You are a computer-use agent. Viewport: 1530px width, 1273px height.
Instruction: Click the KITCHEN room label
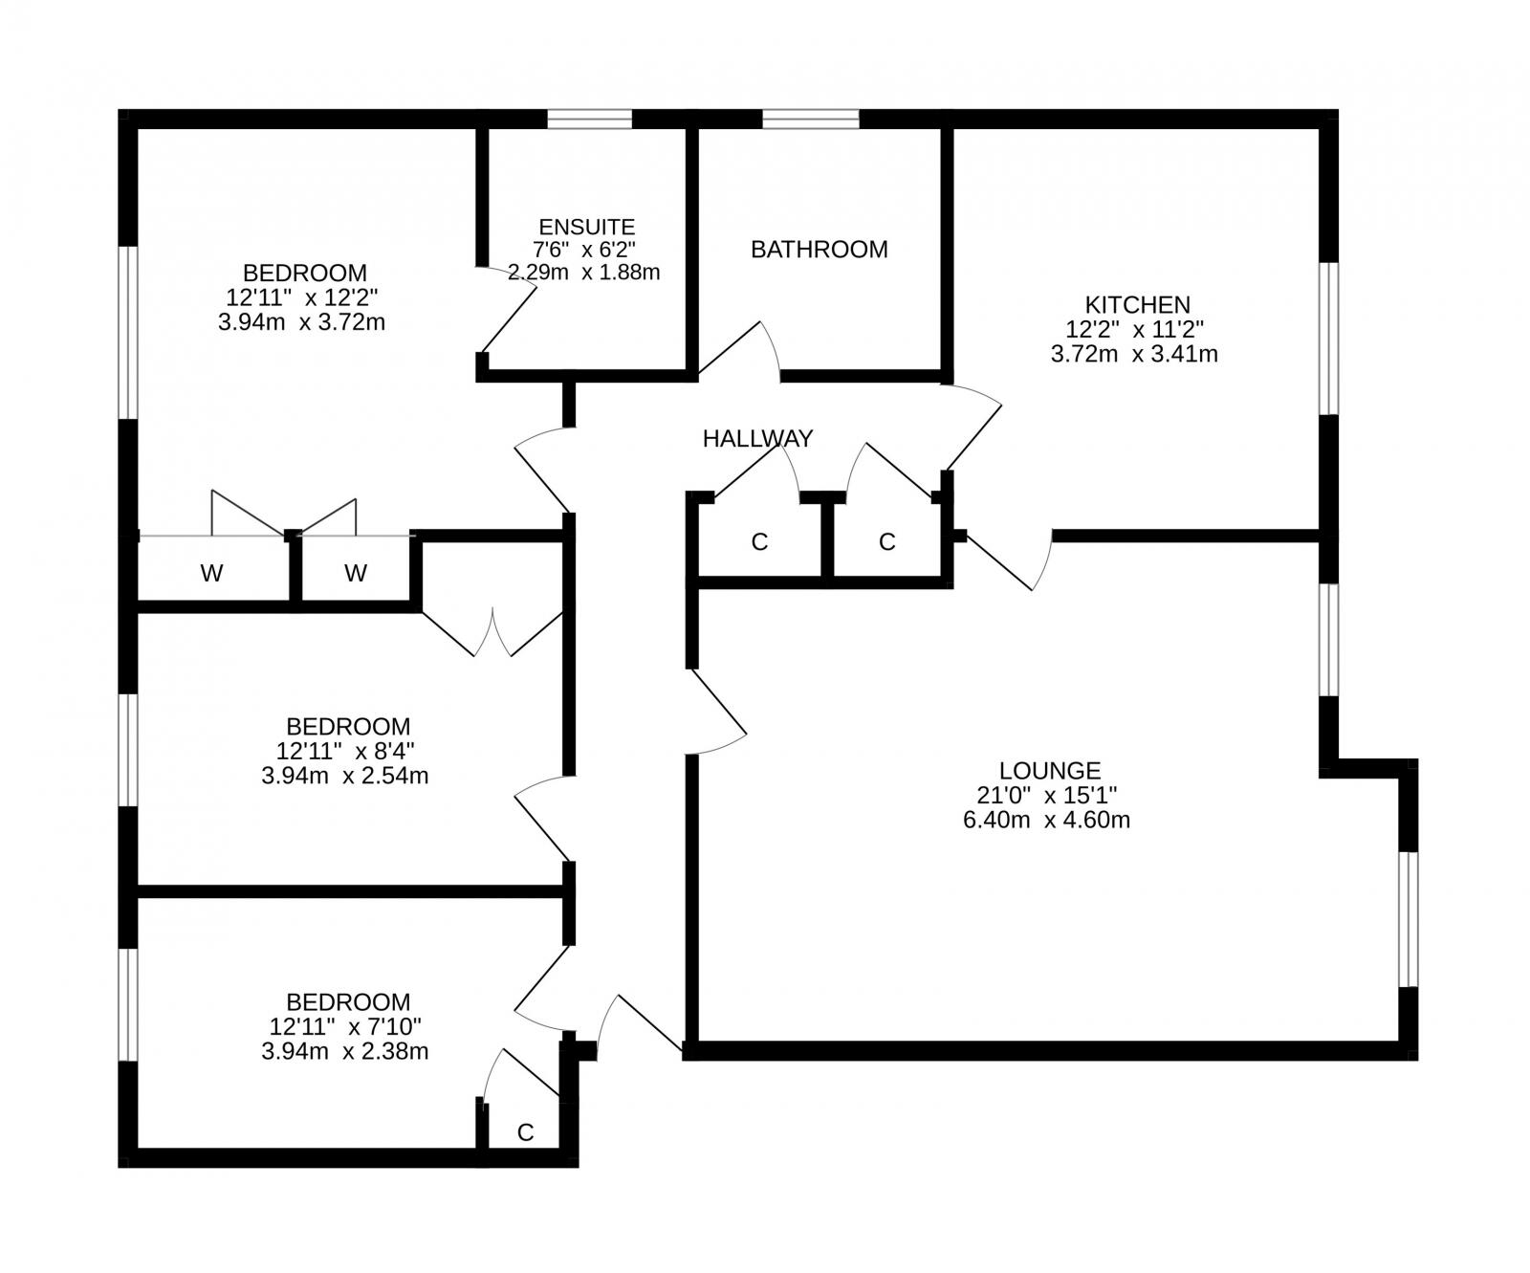[1137, 305]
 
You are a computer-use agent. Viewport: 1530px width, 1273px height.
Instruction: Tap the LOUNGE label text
[1049, 771]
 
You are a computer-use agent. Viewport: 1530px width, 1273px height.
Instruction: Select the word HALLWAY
[757, 439]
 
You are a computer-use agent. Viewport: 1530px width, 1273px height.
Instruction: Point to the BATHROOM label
[820, 250]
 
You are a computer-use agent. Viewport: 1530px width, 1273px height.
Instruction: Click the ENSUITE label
[587, 228]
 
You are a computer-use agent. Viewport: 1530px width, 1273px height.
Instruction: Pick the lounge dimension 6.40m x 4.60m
[1047, 820]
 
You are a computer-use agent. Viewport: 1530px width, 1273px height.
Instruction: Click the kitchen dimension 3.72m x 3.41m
[1134, 355]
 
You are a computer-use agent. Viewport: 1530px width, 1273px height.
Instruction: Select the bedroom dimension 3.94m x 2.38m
[344, 1052]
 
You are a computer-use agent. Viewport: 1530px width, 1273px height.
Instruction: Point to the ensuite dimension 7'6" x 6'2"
[585, 250]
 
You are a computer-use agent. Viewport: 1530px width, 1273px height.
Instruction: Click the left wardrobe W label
[211, 574]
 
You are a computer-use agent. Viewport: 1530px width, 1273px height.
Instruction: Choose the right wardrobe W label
[356, 574]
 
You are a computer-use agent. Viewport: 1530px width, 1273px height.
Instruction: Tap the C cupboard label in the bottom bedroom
[525, 1133]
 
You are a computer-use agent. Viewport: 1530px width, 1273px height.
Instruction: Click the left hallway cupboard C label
[759, 543]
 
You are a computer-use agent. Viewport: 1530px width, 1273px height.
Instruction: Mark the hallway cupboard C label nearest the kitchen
[886, 543]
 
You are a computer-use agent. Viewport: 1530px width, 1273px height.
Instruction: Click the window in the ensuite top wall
[590, 119]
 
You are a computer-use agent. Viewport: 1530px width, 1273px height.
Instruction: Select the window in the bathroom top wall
[811, 119]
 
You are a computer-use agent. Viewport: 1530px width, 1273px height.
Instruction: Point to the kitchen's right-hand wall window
[1328, 338]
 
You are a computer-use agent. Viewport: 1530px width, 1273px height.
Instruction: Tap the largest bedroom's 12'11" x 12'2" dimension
[302, 297]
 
